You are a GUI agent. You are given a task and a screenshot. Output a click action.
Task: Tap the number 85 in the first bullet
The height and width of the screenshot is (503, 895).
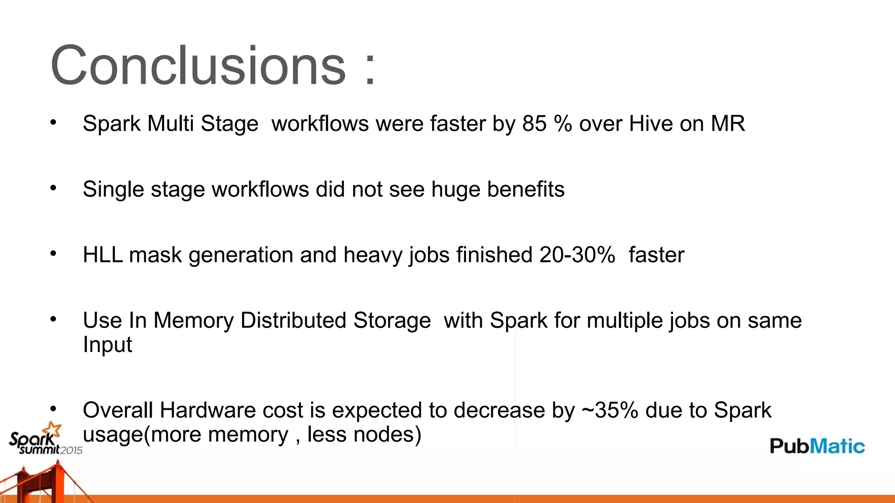click(534, 124)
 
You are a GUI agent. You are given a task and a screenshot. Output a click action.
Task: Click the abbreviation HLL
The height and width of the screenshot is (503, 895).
click(103, 255)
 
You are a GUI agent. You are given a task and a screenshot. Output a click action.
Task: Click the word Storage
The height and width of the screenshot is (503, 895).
click(392, 320)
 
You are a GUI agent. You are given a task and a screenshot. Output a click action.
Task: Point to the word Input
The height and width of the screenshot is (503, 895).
click(108, 345)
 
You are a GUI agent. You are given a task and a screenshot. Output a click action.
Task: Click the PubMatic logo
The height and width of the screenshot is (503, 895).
click(817, 446)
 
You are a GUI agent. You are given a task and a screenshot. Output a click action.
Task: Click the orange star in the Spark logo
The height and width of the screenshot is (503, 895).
click(54, 428)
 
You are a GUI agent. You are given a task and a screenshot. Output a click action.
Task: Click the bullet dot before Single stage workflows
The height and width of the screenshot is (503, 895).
click(53, 188)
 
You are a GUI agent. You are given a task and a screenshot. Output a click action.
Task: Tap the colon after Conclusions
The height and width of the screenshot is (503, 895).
click(370, 68)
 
